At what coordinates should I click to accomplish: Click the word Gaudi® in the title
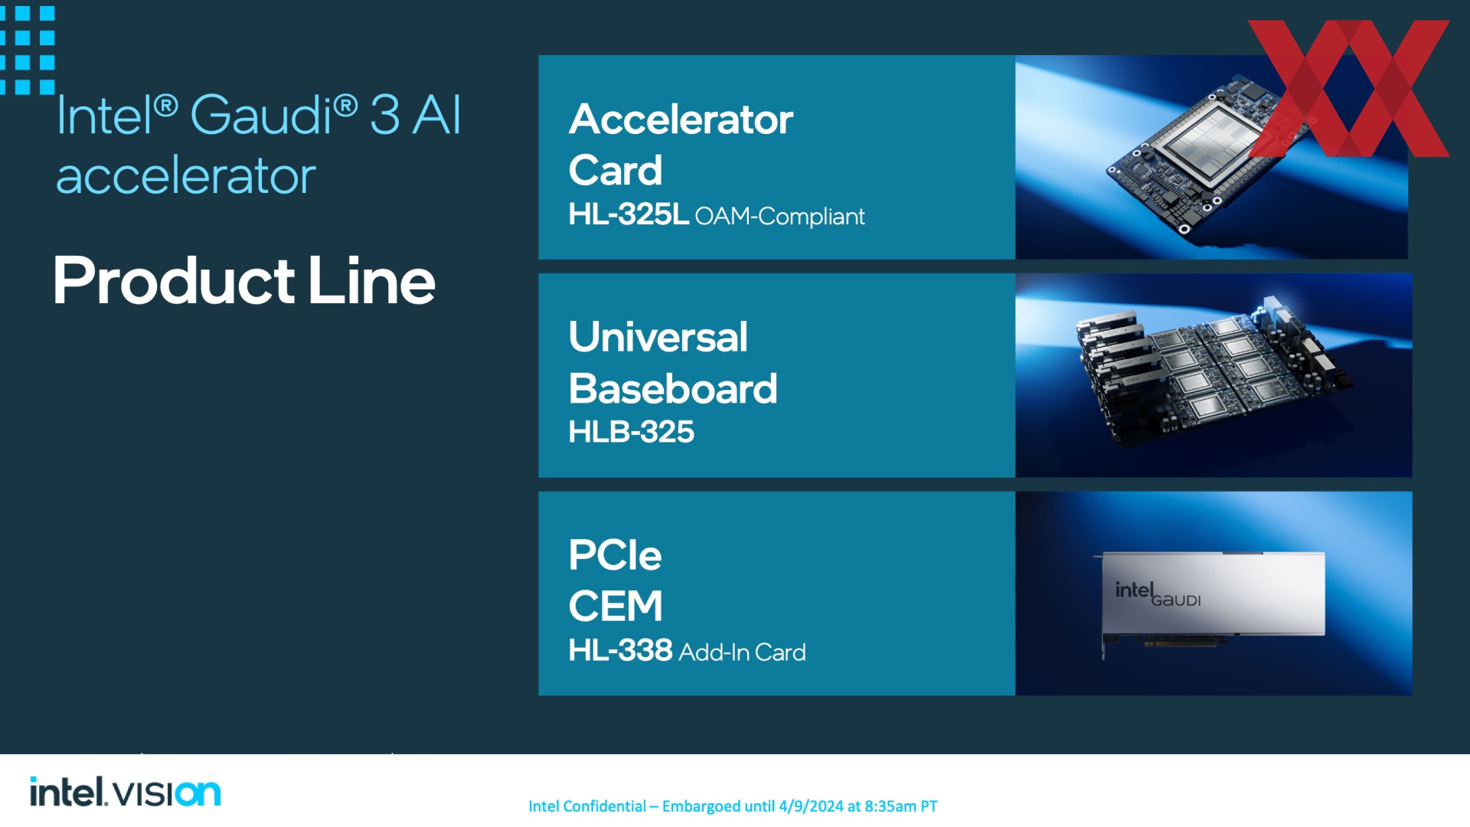[x=273, y=116]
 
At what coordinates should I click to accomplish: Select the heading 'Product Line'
[x=244, y=280]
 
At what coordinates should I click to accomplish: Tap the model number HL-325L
[x=629, y=214]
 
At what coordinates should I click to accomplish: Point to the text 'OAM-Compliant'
[x=779, y=217]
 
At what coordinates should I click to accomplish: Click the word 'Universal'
[x=658, y=337]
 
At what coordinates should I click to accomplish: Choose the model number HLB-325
[x=632, y=432]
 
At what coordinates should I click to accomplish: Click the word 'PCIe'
[x=615, y=555]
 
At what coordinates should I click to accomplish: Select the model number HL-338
[x=620, y=650]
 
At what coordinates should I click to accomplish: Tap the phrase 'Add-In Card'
[x=742, y=652]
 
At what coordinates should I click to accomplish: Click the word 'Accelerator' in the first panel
[x=681, y=119]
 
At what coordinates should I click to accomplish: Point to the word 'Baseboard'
[x=673, y=388]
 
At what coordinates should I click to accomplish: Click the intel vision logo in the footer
[x=125, y=792]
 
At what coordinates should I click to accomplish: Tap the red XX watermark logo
[x=1349, y=88]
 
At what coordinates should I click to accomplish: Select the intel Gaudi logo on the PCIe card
[x=1158, y=594]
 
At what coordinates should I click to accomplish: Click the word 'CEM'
[x=616, y=606]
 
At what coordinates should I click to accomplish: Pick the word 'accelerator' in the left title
[x=186, y=176]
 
